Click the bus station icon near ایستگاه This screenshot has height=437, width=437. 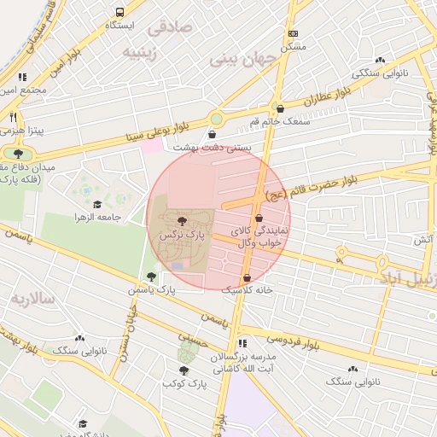click(x=119, y=13)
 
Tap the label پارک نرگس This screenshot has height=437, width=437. click(x=182, y=234)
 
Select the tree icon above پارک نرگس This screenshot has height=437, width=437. click(x=182, y=221)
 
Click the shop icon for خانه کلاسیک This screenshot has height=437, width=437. click(x=247, y=277)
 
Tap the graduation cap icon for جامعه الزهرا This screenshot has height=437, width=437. click(x=97, y=205)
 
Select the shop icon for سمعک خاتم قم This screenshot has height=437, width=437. click(x=281, y=108)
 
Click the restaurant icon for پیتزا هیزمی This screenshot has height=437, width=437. click(x=13, y=117)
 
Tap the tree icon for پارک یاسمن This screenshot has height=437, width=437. click(x=151, y=277)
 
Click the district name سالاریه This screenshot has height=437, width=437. click(x=32, y=299)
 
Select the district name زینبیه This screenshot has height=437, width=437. click(x=142, y=53)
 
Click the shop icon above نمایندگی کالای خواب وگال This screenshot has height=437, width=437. click(x=259, y=218)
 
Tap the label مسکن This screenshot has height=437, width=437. click(x=294, y=47)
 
